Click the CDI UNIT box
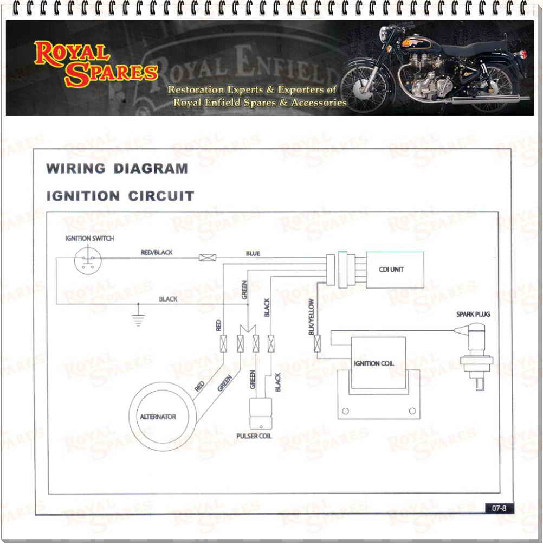tap(395, 269)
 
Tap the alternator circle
tap(158, 416)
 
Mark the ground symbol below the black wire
tap(139, 318)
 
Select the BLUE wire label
tap(253, 253)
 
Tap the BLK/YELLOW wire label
tap(311, 316)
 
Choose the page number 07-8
tap(499, 508)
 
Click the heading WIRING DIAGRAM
tap(117, 168)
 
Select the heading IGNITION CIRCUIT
tap(120, 196)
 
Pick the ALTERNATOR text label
tap(158, 417)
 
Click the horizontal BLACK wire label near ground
tap(168, 299)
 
